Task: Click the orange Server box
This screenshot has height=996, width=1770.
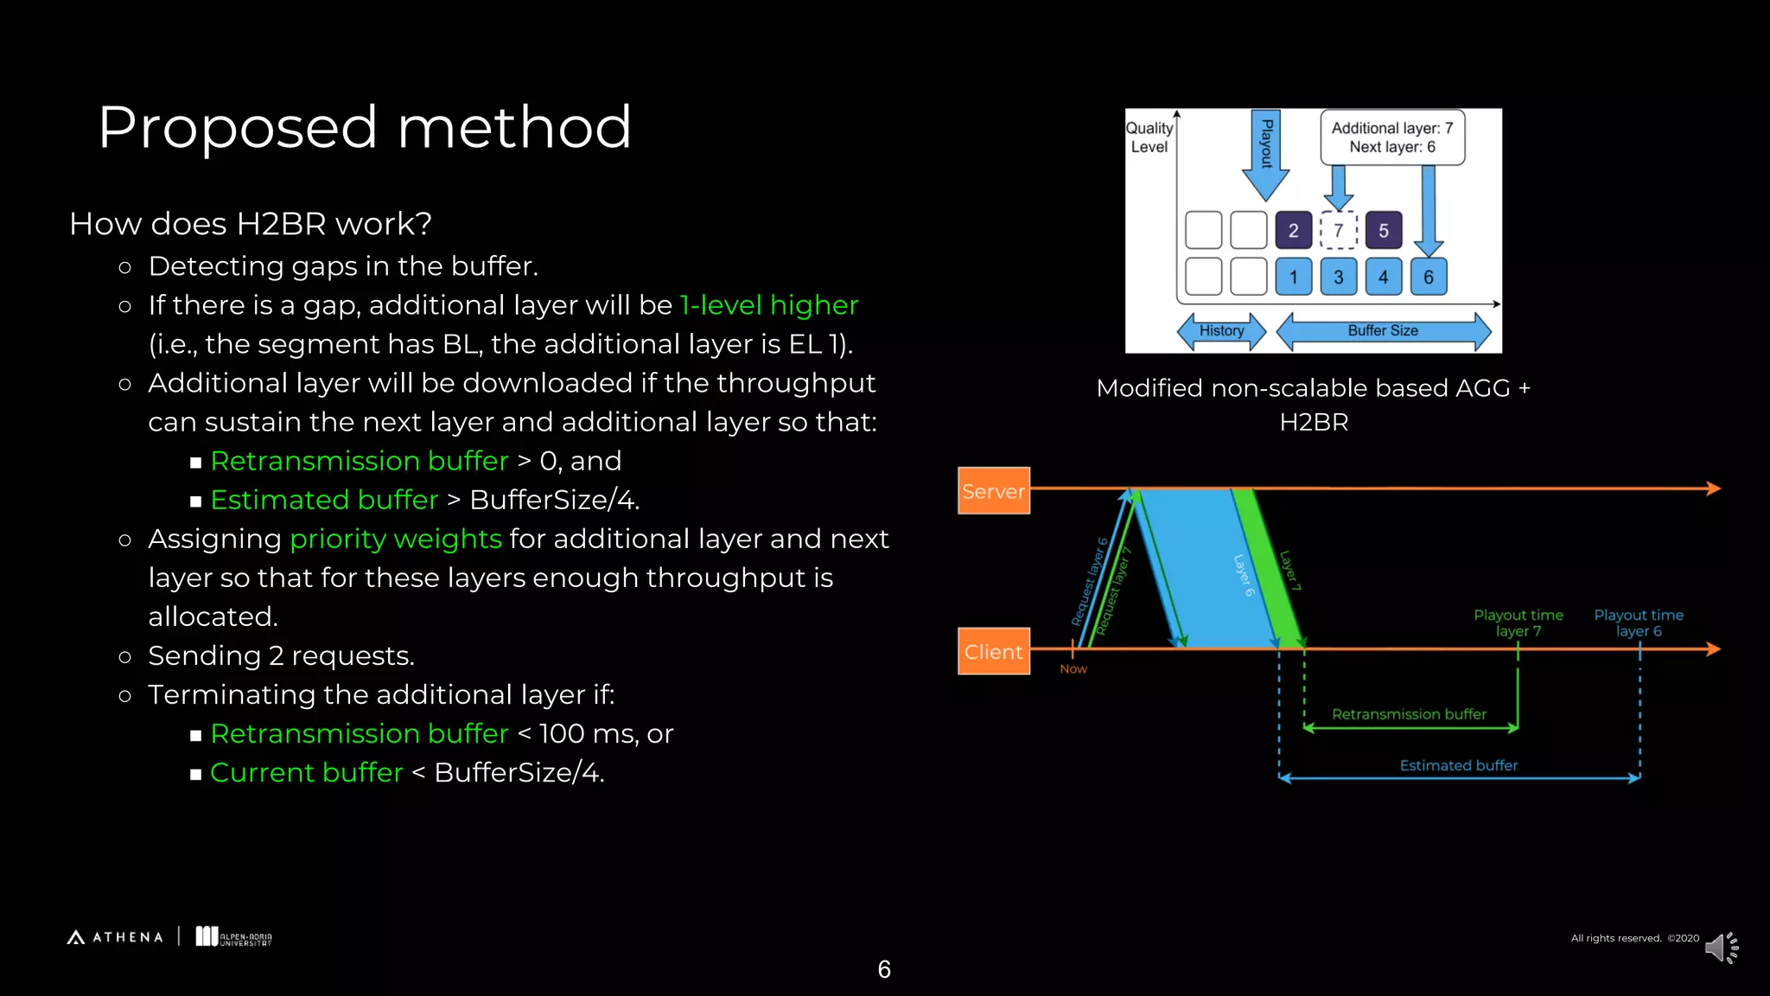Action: coord(993,490)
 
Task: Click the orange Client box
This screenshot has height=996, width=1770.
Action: coord(993,651)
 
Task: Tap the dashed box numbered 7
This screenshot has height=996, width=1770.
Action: coord(1338,230)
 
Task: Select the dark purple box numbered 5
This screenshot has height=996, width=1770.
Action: coord(1383,230)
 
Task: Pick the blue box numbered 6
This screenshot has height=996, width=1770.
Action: coord(1428,277)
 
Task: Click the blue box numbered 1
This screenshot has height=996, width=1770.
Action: coord(1293,277)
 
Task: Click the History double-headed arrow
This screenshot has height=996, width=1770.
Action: coord(1221,331)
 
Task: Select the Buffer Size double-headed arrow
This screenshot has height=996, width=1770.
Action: coord(1383,331)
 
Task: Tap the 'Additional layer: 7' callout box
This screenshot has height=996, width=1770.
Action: coord(1391,137)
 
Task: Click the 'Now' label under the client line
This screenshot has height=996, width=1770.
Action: coord(1073,668)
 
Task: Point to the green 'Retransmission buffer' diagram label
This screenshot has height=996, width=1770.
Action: coord(1409,714)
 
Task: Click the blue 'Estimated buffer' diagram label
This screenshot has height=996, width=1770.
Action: coord(1458,765)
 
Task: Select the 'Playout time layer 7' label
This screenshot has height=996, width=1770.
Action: coord(1518,622)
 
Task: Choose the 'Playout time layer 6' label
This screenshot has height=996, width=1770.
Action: coord(1638,622)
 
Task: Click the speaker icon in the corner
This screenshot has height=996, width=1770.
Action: coord(1721,948)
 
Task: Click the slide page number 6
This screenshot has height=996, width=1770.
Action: coord(884,969)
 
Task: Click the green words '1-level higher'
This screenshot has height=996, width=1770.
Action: coord(768,305)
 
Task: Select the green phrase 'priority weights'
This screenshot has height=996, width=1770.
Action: coord(396,539)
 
